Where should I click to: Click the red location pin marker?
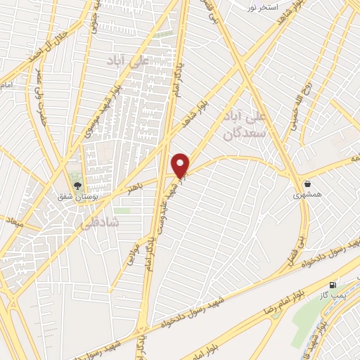point(181,165)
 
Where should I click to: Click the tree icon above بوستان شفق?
point(77,186)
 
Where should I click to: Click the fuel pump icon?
point(333,285)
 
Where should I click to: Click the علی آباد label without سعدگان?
point(127,61)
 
